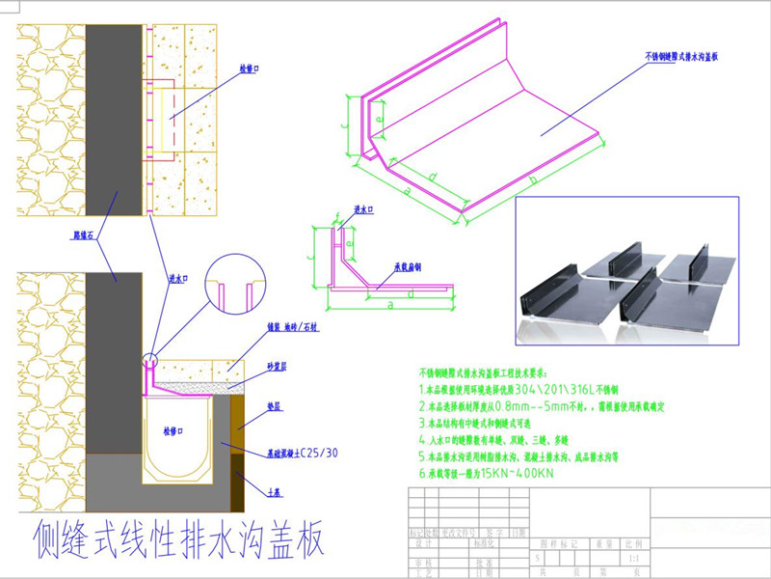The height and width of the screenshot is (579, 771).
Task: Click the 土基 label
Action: click(x=274, y=491)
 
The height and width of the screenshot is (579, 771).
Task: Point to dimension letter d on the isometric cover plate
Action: click(x=433, y=177)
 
